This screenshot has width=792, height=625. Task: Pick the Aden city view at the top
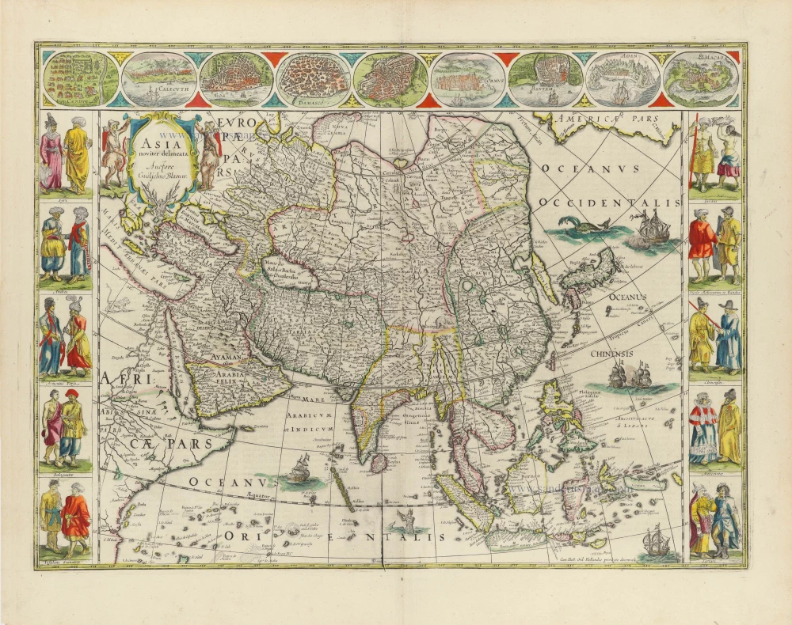[x=619, y=80]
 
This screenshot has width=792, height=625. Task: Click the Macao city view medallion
[x=697, y=79]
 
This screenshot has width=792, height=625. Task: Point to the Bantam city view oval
[x=543, y=80]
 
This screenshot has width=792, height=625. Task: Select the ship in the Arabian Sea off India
[x=299, y=469]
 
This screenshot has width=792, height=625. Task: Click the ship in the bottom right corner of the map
[x=656, y=541]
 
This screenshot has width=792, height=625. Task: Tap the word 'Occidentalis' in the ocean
[x=610, y=203]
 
